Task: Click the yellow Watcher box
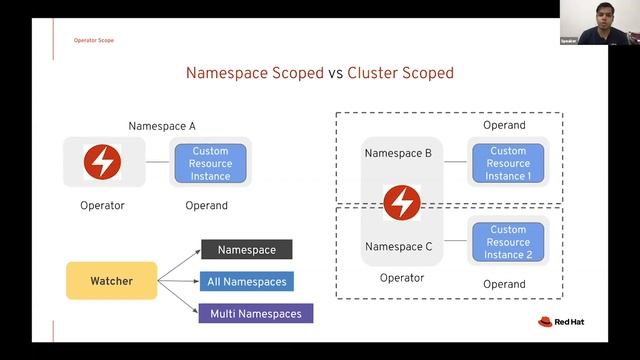pos(112,281)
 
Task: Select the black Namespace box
pos(246,249)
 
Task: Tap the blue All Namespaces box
pos(247,281)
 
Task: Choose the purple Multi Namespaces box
pos(256,314)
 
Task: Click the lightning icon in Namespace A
pos(102,162)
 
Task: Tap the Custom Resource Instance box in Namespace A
pos(210,163)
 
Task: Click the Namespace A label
pos(162,126)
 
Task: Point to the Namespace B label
pos(398,154)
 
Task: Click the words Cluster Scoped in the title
pos(400,73)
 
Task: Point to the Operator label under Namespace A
pos(102,206)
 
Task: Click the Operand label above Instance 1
pos(504,126)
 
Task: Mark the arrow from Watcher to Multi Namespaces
pos(179,300)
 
